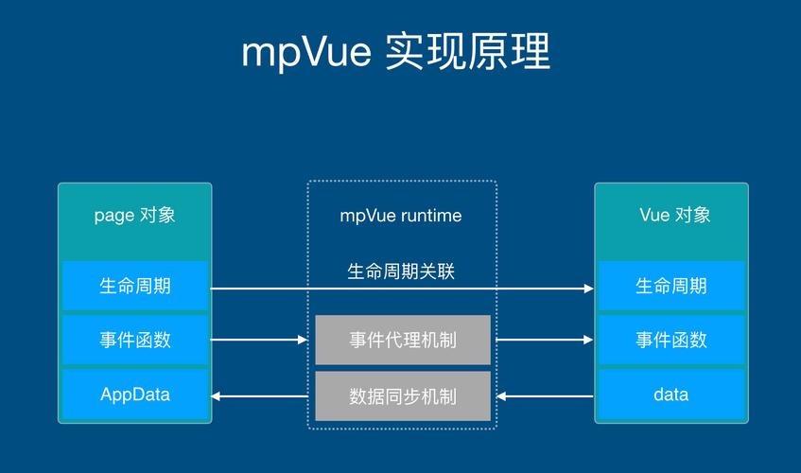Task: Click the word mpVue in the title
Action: pyautogui.click(x=305, y=53)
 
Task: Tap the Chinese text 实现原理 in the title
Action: pyautogui.click(x=468, y=53)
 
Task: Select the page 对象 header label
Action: pyautogui.click(x=134, y=215)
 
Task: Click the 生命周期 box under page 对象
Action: pyautogui.click(x=134, y=286)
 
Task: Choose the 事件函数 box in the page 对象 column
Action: pyautogui.click(x=134, y=340)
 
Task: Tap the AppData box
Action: pyautogui.click(x=134, y=394)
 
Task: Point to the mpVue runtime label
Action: pyautogui.click(x=401, y=216)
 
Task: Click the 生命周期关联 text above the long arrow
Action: pyautogui.click(x=401, y=272)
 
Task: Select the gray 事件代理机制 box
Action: pyautogui.click(x=402, y=340)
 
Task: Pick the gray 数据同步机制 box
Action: pyautogui.click(x=402, y=395)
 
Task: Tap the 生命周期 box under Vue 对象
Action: pyautogui.click(x=670, y=286)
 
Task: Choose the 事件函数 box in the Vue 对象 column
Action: pyautogui.click(x=670, y=340)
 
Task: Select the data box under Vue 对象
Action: pyautogui.click(x=670, y=394)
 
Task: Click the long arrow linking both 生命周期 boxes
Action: pyautogui.click(x=401, y=289)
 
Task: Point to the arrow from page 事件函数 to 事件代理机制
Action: pyautogui.click(x=262, y=340)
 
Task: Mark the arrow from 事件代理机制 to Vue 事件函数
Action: pyautogui.click(x=543, y=340)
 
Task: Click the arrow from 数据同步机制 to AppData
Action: pyautogui.click(x=262, y=395)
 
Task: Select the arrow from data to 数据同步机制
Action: pyautogui.click(x=543, y=395)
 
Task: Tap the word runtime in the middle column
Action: pyautogui.click(x=431, y=216)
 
